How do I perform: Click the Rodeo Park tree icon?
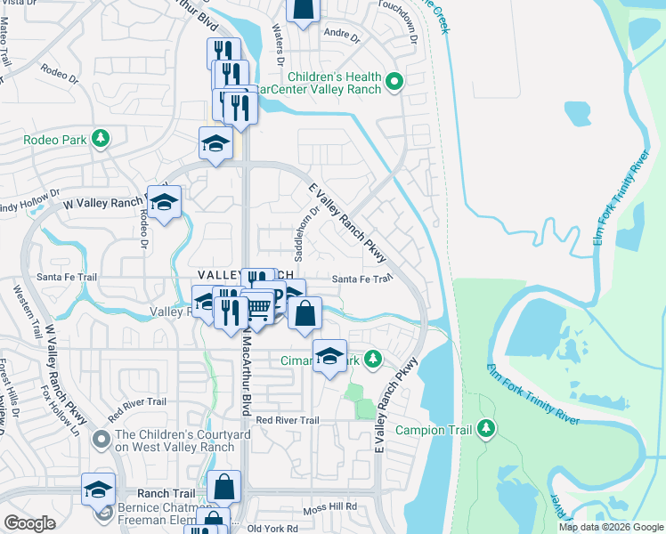point(102,138)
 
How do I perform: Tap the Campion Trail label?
point(435,429)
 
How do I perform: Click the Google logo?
point(29,523)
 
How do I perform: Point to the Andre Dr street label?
point(342,38)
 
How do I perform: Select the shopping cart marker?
point(258,309)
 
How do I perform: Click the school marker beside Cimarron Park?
point(329,358)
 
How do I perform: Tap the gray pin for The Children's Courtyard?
point(102,439)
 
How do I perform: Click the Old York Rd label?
point(272,528)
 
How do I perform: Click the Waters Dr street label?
point(278,41)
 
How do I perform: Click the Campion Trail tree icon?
point(486,429)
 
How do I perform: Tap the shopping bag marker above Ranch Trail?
point(223,488)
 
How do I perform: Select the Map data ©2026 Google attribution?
point(612,527)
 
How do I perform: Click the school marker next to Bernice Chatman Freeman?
point(98,489)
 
